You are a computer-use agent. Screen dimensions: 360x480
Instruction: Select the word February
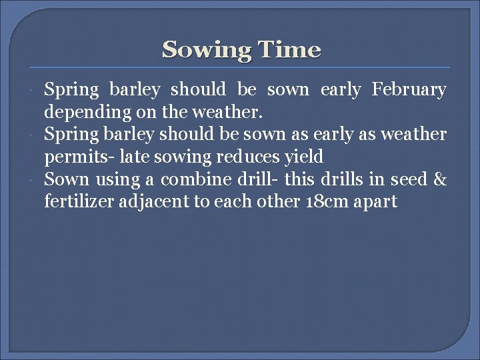409,90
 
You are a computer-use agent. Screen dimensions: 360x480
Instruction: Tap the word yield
304,157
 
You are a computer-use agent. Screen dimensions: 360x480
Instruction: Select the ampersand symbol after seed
439,180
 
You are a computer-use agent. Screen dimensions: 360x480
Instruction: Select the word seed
405,180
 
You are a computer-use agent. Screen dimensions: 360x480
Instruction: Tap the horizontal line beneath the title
240,67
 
